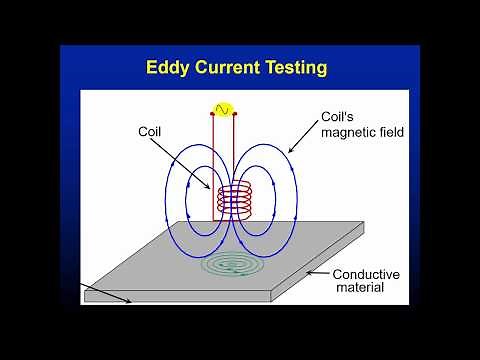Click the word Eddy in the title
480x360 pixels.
(169, 68)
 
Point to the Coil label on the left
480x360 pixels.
(150, 130)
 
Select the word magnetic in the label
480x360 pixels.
(333, 134)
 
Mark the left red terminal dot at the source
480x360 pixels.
(212, 114)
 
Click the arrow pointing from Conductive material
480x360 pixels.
(318, 272)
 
